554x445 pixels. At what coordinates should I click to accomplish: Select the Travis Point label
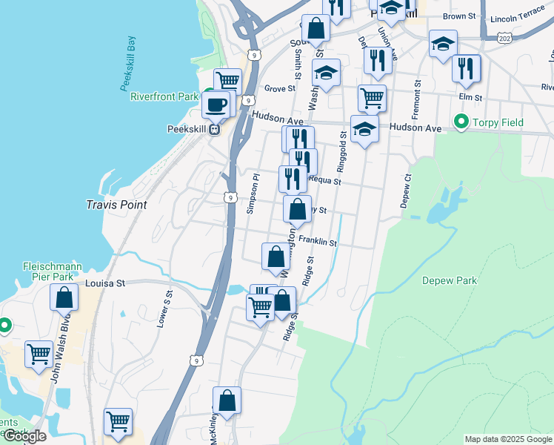pyautogui.click(x=116, y=205)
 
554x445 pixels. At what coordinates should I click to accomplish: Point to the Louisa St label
pyautogui.click(x=106, y=283)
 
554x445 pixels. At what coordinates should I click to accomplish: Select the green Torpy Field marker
pyautogui.click(x=461, y=122)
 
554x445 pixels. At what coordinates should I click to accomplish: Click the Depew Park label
pyautogui.click(x=450, y=280)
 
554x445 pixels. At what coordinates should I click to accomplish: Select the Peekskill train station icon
pyautogui.click(x=214, y=129)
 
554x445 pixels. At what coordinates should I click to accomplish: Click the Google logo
pyautogui.click(x=24, y=436)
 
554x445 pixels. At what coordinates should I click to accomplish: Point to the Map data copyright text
pyautogui.click(x=507, y=439)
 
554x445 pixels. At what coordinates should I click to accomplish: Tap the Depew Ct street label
pyautogui.click(x=407, y=191)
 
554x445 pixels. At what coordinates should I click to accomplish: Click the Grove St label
pyautogui.click(x=280, y=88)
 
